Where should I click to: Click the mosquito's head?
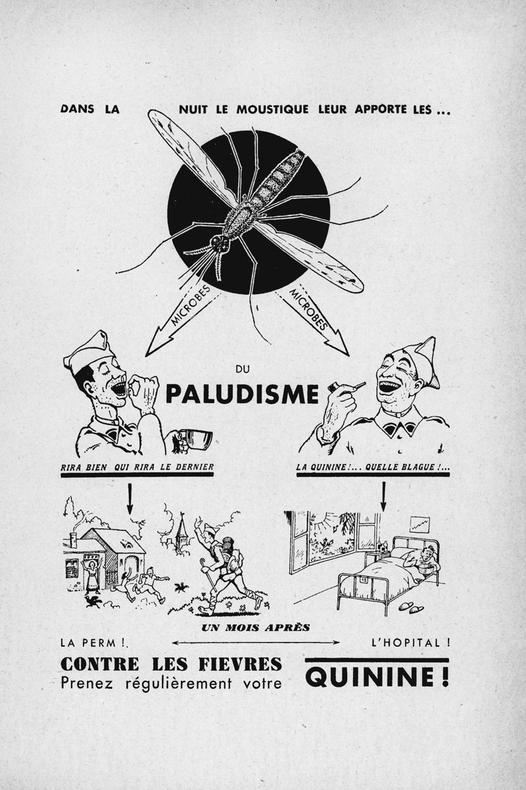tap(219, 244)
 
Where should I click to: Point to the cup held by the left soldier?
tap(197, 439)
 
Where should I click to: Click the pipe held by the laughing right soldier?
tap(345, 387)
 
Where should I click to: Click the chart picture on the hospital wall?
tap(419, 524)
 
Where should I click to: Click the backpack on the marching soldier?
tap(230, 551)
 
